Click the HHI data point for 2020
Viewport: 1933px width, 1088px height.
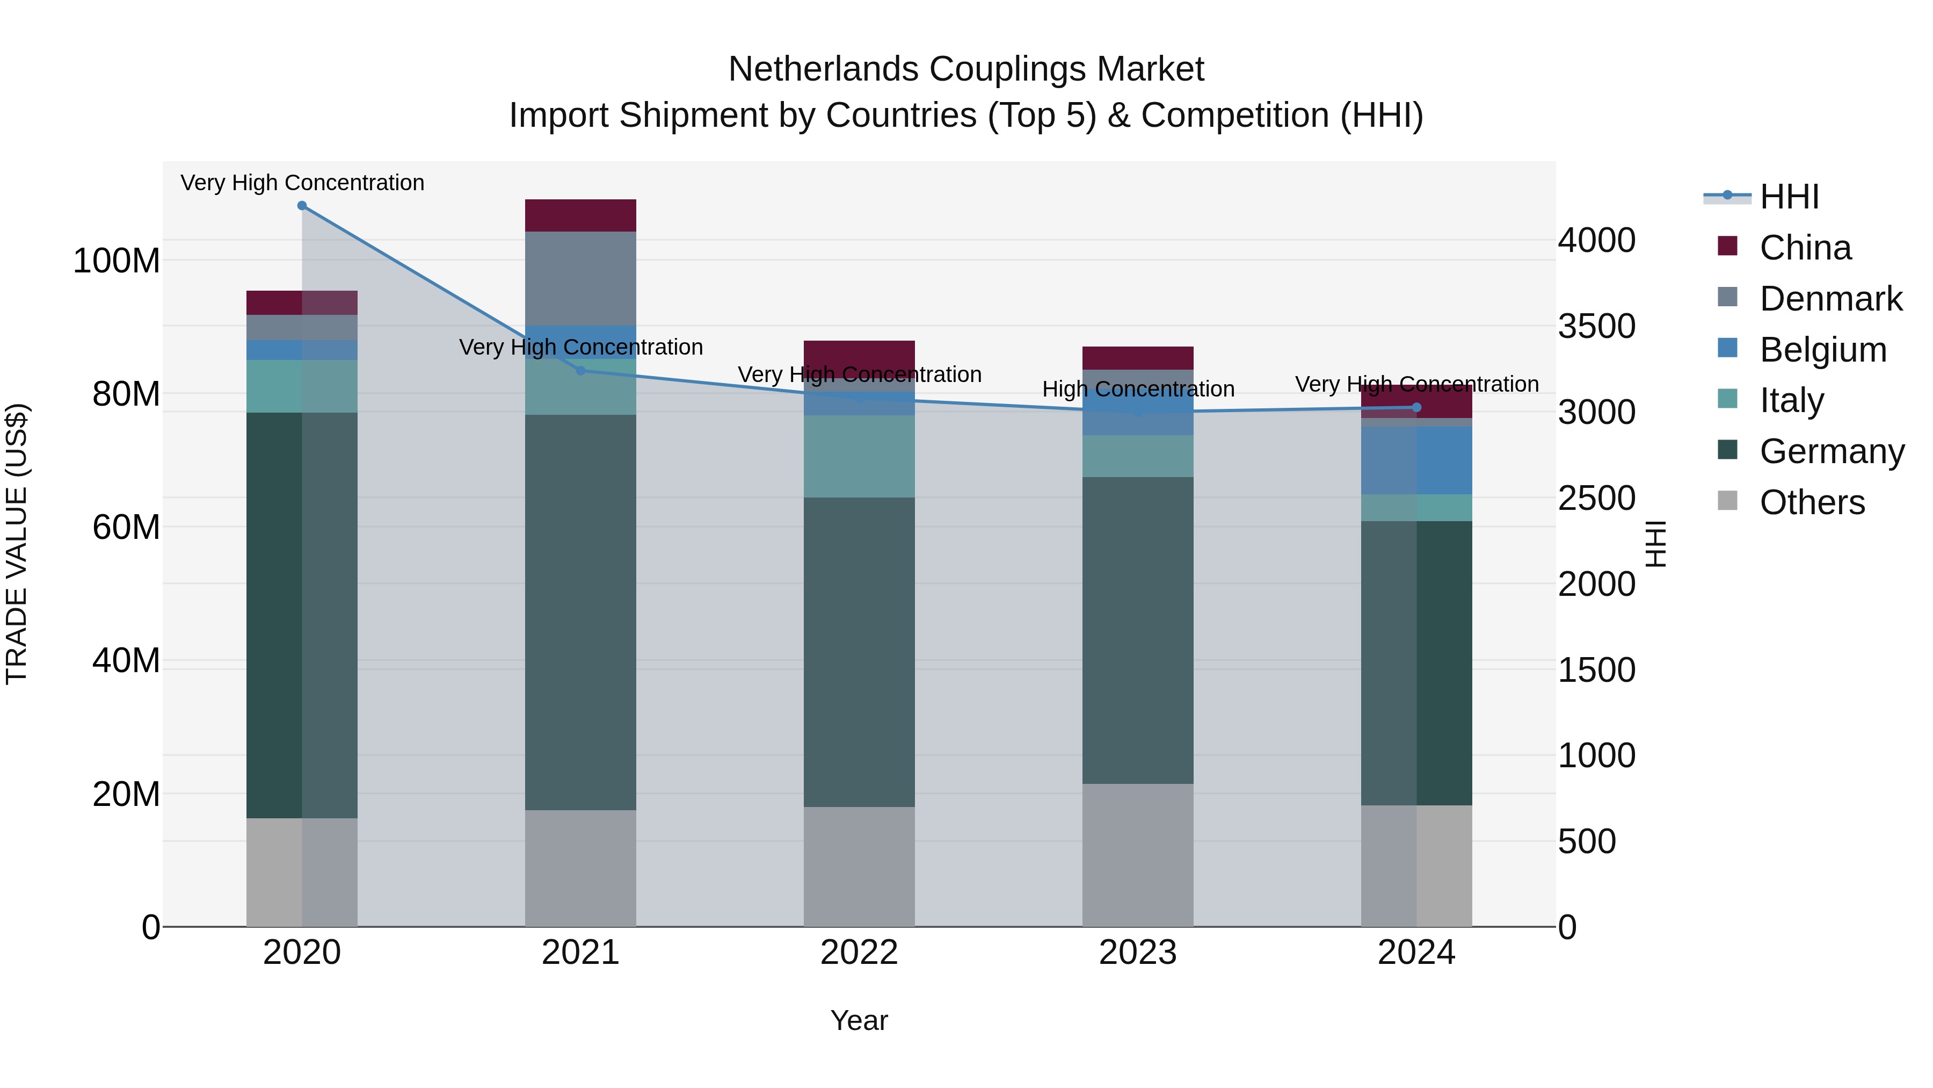pyautogui.click(x=302, y=206)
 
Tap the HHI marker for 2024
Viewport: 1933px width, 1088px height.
pyautogui.click(x=1416, y=408)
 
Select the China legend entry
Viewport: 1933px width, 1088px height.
pyautogui.click(x=1805, y=248)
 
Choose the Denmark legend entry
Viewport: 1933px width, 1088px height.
pyautogui.click(x=1830, y=299)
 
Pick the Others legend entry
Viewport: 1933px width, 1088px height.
pyautogui.click(x=1812, y=502)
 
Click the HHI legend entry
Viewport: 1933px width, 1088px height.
pyautogui.click(x=1789, y=197)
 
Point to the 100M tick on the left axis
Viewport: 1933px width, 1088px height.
pyautogui.click(x=117, y=261)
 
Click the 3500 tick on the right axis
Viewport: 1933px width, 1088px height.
pyautogui.click(x=1596, y=327)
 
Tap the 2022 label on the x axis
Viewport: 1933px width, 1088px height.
pyautogui.click(x=859, y=953)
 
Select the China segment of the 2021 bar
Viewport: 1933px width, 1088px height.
pyautogui.click(x=580, y=215)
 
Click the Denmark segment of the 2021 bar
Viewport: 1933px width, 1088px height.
pyautogui.click(x=580, y=278)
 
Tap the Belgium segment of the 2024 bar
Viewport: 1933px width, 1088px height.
pyautogui.click(x=1416, y=460)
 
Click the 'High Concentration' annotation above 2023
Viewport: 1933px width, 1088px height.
pyautogui.click(x=1138, y=389)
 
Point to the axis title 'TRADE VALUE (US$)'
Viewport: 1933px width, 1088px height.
pyautogui.click(x=17, y=544)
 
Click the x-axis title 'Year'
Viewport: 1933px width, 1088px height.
pyautogui.click(x=859, y=1020)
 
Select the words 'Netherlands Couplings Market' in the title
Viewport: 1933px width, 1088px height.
pyautogui.click(x=966, y=69)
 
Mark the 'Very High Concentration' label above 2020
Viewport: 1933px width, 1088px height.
pyautogui.click(x=302, y=183)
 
